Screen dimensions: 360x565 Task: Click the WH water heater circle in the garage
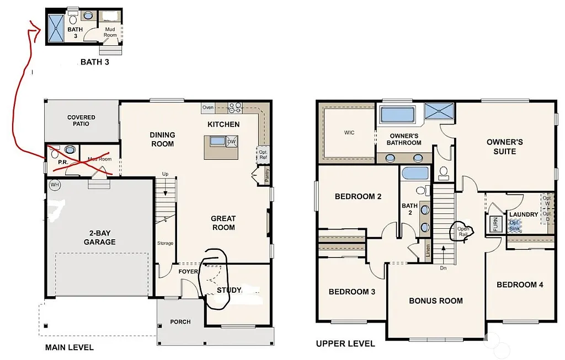pyautogui.click(x=55, y=184)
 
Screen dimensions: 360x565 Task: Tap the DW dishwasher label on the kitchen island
pyautogui.click(x=231, y=142)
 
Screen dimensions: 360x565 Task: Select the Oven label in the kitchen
pyautogui.click(x=207, y=107)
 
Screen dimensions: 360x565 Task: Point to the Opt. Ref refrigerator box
pyautogui.click(x=263, y=154)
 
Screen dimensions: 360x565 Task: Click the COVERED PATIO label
pyautogui.click(x=81, y=120)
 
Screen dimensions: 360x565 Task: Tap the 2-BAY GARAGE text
pyautogui.click(x=99, y=238)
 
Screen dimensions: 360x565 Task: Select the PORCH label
pyautogui.click(x=180, y=321)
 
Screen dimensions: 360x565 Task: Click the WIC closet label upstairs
pyautogui.click(x=349, y=133)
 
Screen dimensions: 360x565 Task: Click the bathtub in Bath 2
pyautogui.click(x=415, y=173)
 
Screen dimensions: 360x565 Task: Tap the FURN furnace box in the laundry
pyautogui.click(x=495, y=224)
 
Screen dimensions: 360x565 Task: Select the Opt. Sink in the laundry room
pyautogui.click(x=514, y=225)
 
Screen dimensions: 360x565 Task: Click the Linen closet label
pyautogui.click(x=428, y=251)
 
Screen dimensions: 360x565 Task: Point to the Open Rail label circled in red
pyautogui.click(x=462, y=231)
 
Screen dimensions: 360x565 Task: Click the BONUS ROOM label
pyautogui.click(x=435, y=300)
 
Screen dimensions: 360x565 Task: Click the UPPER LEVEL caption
pyautogui.click(x=345, y=343)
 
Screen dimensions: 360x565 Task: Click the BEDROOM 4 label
pyautogui.click(x=520, y=284)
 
